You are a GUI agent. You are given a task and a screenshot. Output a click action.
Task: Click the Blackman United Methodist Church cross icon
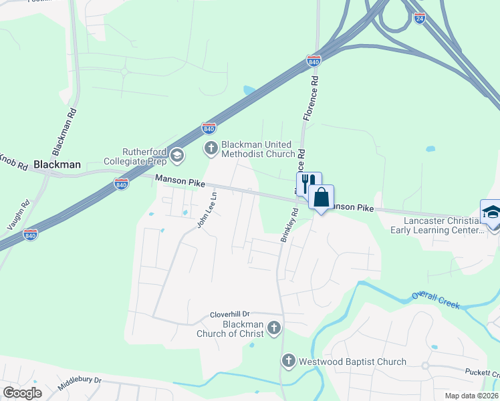coord(211,148)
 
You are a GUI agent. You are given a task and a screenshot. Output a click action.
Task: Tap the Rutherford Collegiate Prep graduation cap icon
coord(177,156)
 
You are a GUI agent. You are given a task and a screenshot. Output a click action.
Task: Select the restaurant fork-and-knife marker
coord(309,183)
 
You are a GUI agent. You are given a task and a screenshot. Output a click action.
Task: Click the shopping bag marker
coord(322,198)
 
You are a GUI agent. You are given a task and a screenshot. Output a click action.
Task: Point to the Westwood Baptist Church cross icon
coord(289,361)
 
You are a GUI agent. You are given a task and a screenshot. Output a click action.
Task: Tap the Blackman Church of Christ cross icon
coord(273,328)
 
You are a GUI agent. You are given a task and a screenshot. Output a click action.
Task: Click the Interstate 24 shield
coord(419,19)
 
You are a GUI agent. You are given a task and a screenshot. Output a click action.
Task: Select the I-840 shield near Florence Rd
coord(314,60)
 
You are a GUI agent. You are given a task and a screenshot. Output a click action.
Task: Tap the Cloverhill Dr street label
coord(229,313)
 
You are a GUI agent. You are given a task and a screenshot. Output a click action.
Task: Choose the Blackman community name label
coord(57,164)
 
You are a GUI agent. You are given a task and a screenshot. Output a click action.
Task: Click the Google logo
coord(22,393)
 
